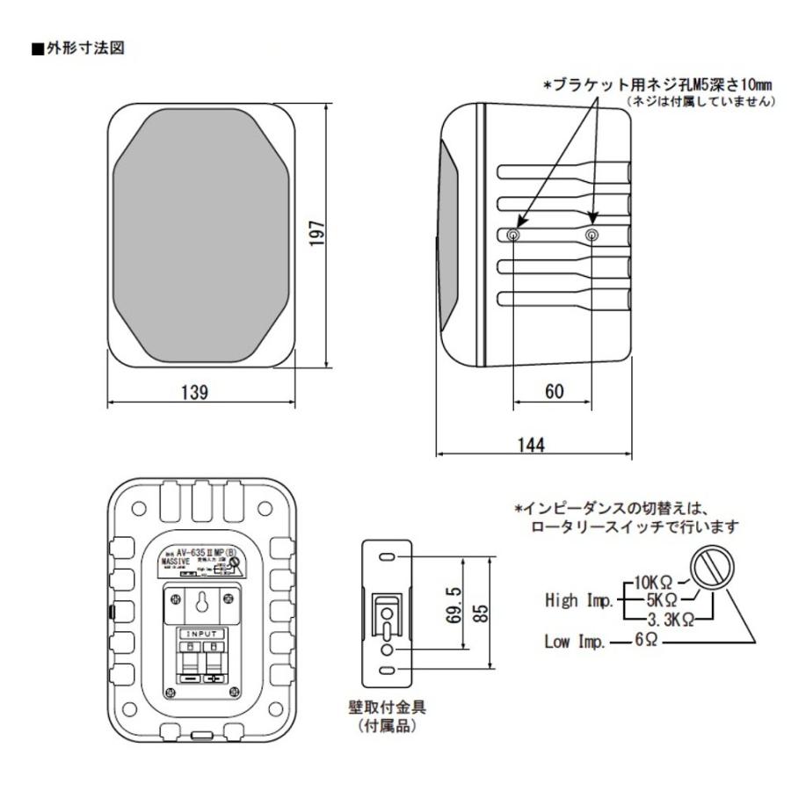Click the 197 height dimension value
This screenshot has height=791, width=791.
(x=318, y=234)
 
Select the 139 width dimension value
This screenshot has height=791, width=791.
(x=194, y=392)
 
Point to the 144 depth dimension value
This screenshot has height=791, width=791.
(x=532, y=445)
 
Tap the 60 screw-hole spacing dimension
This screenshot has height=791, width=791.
(x=554, y=392)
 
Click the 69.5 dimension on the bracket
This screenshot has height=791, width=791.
(x=451, y=606)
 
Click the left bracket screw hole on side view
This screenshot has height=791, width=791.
(x=514, y=236)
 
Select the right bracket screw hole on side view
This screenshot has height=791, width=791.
(x=593, y=236)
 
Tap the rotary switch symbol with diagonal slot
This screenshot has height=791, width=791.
(x=711, y=570)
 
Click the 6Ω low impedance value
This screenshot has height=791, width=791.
(x=648, y=642)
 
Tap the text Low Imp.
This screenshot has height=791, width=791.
(x=573, y=642)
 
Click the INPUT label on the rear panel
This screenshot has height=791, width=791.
(x=205, y=632)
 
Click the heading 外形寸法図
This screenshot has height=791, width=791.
(x=83, y=49)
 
